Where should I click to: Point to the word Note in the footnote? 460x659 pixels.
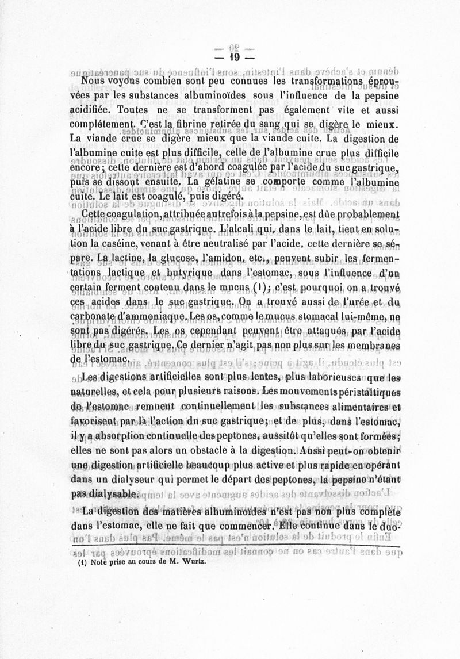(x=93, y=564)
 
